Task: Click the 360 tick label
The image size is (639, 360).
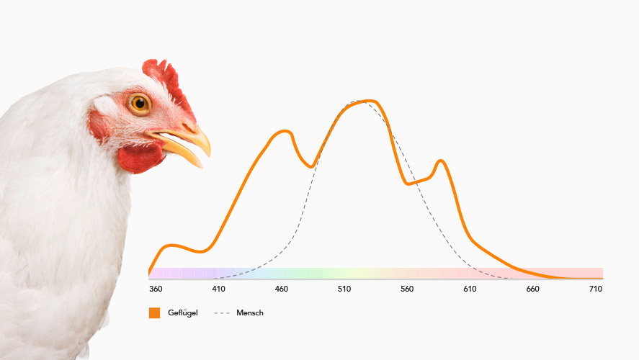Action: click(x=156, y=289)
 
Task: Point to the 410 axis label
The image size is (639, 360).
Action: click(x=218, y=289)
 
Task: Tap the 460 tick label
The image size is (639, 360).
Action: click(x=281, y=289)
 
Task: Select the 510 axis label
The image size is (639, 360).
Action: click(x=344, y=289)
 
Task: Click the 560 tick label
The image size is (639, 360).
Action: click(x=407, y=289)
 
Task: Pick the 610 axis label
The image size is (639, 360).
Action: click(x=470, y=289)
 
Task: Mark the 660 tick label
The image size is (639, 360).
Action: click(x=532, y=289)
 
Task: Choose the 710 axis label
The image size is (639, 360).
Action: click(x=595, y=289)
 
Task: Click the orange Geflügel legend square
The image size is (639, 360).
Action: click(x=154, y=312)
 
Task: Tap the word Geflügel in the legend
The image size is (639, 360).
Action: click(x=182, y=312)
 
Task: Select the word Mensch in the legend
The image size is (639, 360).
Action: click(x=250, y=312)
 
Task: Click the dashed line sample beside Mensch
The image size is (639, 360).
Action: click(x=222, y=313)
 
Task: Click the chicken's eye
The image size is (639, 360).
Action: click(x=140, y=104)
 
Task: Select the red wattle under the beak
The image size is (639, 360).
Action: click(x=139, y=158)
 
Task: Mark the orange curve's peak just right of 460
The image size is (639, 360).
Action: click(x=285, y=131)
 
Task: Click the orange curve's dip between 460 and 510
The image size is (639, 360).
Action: click(x=311, y=166)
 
